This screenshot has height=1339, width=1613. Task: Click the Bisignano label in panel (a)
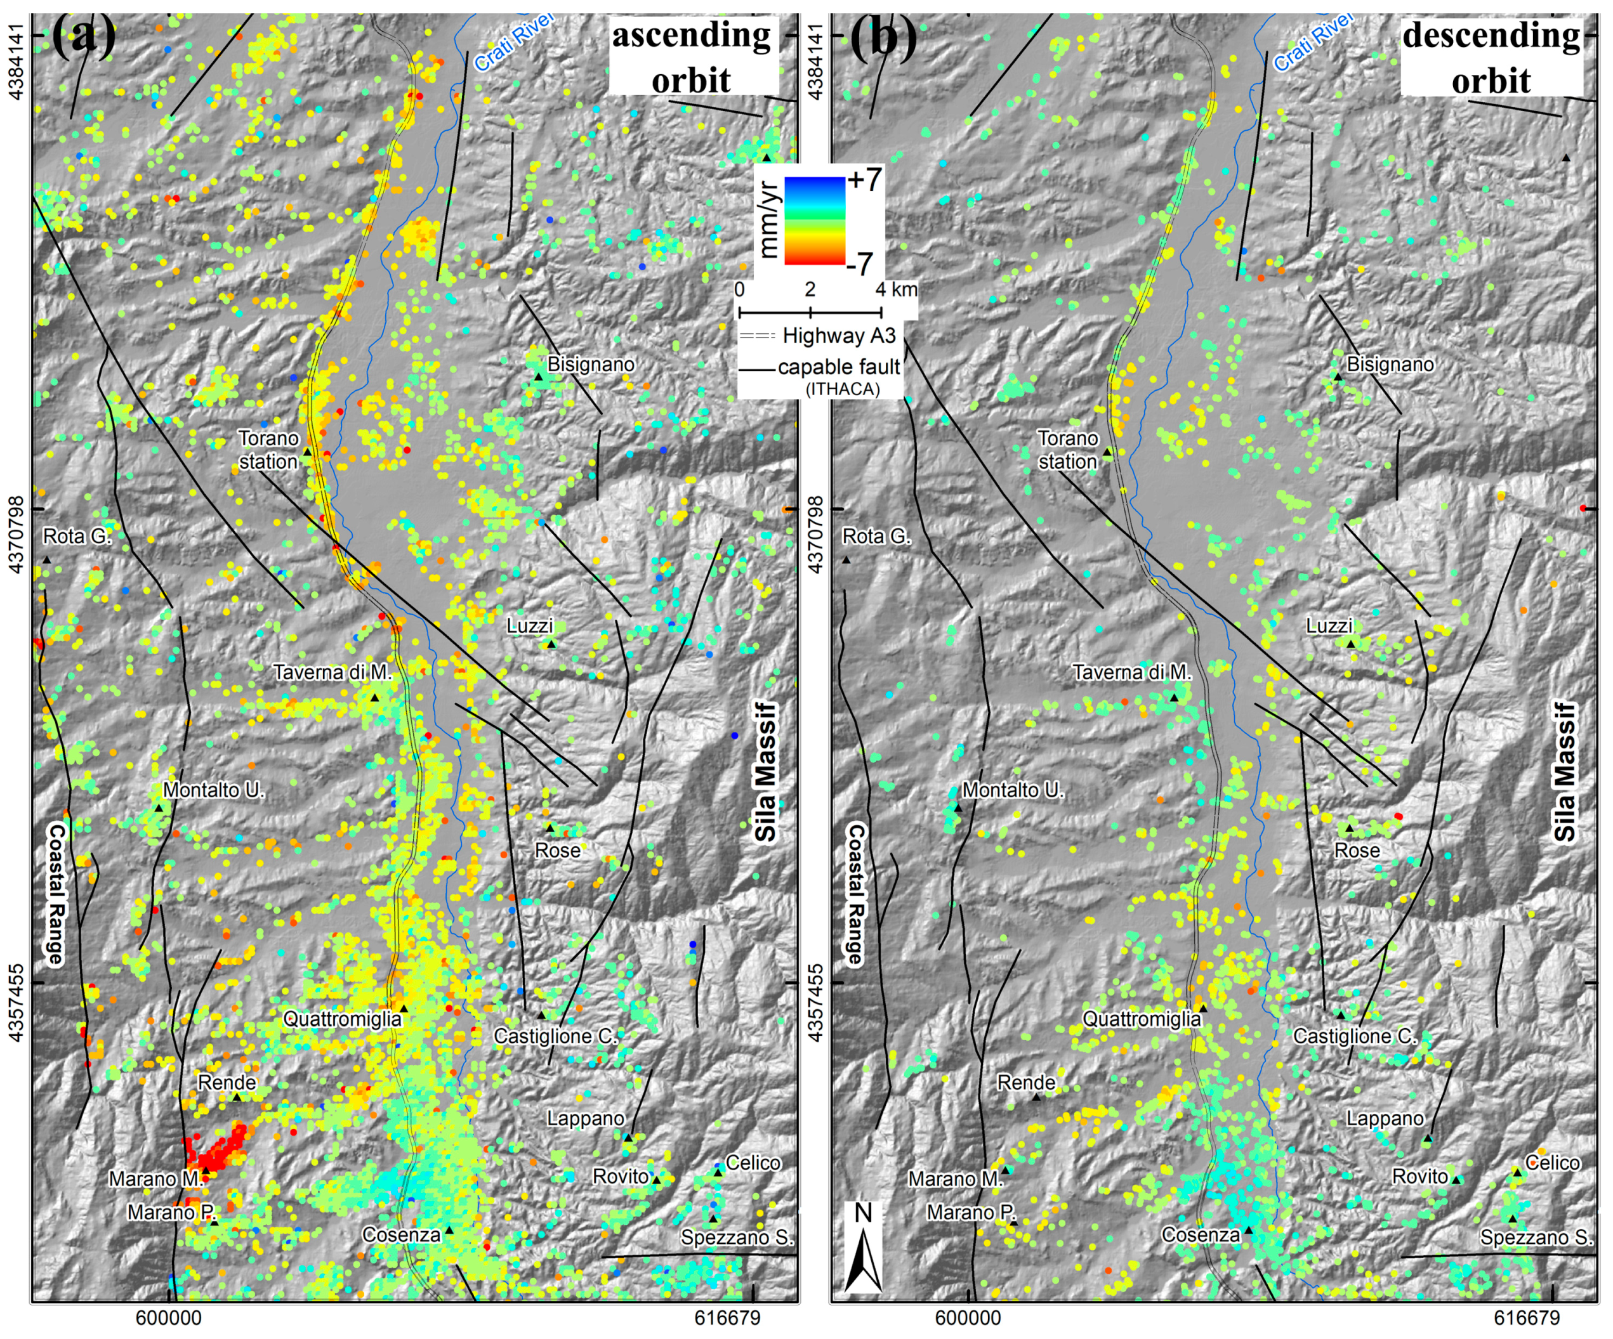coord(590,364)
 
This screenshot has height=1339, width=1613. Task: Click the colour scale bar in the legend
coord(813,221)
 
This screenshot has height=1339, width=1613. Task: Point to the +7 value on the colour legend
coord(864,180)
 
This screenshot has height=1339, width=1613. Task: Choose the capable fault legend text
coord(838,368)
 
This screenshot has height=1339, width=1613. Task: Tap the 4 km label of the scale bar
coord(895,289)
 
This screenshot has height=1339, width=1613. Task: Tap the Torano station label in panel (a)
coord(268,449)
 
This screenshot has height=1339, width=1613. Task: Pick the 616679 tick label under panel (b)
coord(1527,1317)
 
